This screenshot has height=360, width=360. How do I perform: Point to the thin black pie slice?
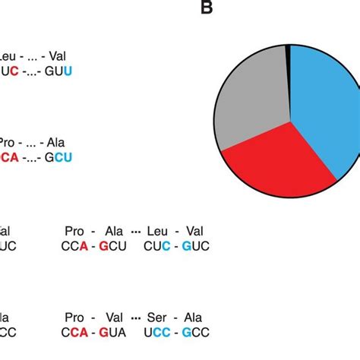point(287,49)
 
